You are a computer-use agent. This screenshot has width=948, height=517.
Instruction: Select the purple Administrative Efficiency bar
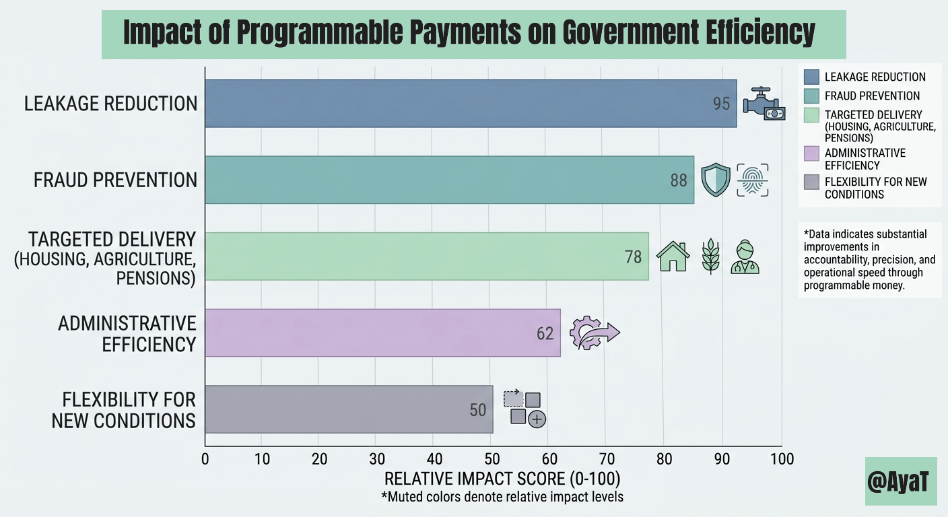(x=382, y=333)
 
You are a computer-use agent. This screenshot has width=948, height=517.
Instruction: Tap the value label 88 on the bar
(x=679, y=180)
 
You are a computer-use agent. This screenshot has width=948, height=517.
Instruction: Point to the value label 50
(x=477, y=409)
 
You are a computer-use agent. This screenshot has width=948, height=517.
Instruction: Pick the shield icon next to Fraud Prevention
(x=715, y=180)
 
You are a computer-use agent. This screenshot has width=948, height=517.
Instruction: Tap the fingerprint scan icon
(x=752, y=180)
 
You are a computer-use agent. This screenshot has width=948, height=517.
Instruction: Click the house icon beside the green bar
(x=673, y=256)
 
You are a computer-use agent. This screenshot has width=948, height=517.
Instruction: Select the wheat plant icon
(x=710, y=256)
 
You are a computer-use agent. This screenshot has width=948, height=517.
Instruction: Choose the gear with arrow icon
(x=592, y=333)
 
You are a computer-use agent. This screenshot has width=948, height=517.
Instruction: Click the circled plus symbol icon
(x=537, y=419)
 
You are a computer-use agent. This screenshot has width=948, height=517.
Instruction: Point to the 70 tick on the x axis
(x=605, y=459)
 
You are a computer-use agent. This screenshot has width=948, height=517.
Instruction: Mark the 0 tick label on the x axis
(x=205, y=459)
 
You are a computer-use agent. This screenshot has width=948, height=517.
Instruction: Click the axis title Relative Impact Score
(x=502, y=479)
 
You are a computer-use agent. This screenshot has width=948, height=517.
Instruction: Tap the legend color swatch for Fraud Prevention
(x=811, y=96)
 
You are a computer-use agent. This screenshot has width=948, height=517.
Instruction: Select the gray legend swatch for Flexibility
(x=811, y=182)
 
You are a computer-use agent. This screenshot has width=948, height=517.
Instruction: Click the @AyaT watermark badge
(x=900, y=481)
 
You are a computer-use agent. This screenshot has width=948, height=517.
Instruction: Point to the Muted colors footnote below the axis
(x=502, y=497)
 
